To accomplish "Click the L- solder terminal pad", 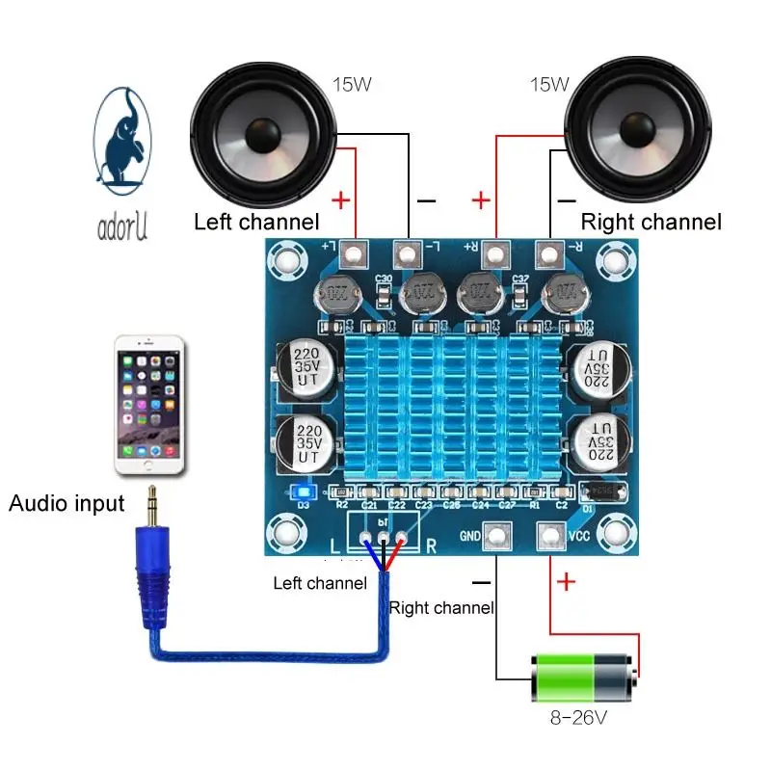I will (408, 254).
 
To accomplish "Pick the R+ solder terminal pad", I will (496, 254).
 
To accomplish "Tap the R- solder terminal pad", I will (549, 254).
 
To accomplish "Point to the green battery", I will (584, 678).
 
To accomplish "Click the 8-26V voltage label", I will (579, 719).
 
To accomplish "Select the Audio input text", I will (66, 503).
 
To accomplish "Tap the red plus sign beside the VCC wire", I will (566, 582).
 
